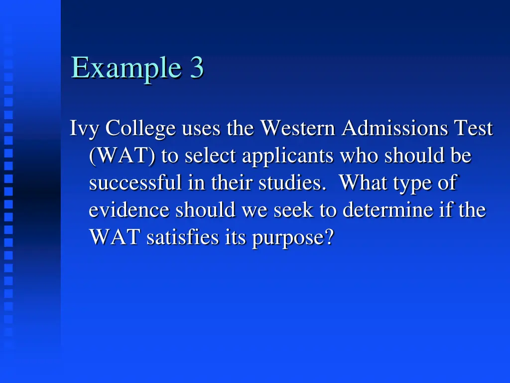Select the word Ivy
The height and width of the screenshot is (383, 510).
pyautogui.click(x=85, y=129)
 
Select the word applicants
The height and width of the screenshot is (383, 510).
pyautogui.click(x=288, y=157)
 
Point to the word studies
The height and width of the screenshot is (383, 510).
pyautogui.click(x=290, y=183)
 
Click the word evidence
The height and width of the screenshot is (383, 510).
pyautogui.click(x=130, y=210)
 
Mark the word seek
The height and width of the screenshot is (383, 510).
pyautogui.click(x=291, y=210)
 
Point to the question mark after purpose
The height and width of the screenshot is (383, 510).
pyautogui.click(x=328, y=237)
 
